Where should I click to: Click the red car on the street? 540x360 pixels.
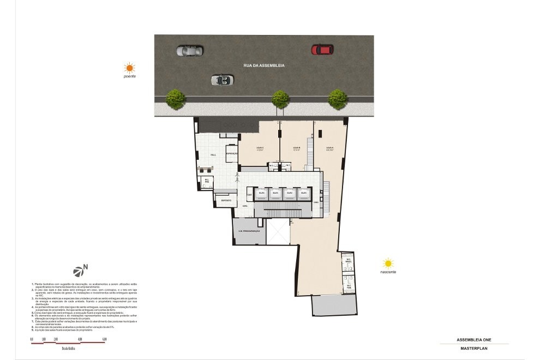[x=322, y=50]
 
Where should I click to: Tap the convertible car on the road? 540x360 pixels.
[x=222, y=80]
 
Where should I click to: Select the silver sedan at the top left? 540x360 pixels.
[x=189, y=51]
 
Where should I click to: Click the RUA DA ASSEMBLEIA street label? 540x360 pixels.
[x=264, y=65]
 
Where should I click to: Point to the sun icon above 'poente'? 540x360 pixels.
[x=129, y=68]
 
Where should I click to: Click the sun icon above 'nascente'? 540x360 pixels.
[x=388, y=263]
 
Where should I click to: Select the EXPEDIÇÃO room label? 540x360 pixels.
[x=232, y=154]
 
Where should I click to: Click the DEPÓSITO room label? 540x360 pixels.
[x=226, y=201]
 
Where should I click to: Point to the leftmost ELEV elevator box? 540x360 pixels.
[x=261, y=194]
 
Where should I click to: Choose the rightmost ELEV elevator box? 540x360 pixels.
[x=304, y=194]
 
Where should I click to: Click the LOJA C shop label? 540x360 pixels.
[x=260, y=148]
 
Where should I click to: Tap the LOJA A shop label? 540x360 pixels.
[x=329, y=148]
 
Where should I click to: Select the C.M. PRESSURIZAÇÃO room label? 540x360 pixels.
[x=249, y=231]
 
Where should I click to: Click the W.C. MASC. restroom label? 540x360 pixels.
[x=349, y=260]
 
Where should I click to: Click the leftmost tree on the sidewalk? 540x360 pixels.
[x=176, y=98]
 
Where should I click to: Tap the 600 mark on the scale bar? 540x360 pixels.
[x=104, y=340]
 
